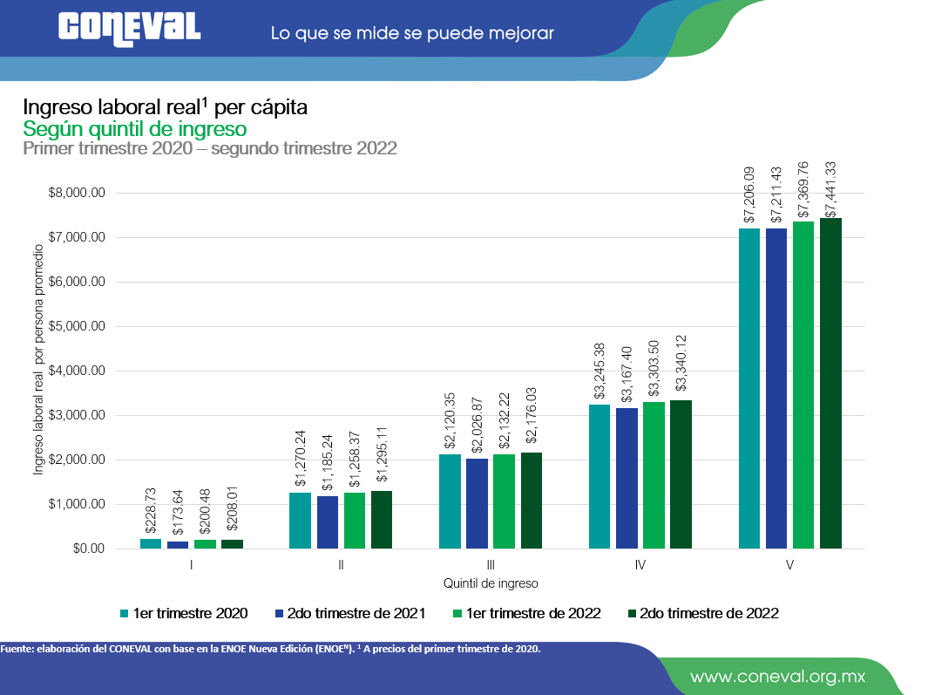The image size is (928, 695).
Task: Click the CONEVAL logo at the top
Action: pyautogui.click(x=130, y=26)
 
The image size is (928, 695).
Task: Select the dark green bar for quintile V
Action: pyautogui.click(x=830, y=383)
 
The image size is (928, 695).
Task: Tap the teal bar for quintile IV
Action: pyautogui.click(x=599, y=476)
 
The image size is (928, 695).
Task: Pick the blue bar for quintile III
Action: pyautogui.click(x=477, y=503)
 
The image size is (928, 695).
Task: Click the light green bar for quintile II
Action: pyautogui.click(x=355, y=521)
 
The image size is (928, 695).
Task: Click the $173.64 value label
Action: pyautogui.click(x=178, y=511)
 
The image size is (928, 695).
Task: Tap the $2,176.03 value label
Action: pyautogui.click(x=532, y=421)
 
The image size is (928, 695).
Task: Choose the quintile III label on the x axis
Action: pyautogui.click(x=491, y=565)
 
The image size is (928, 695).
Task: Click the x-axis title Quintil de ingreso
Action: pyautogui.click(x=491, y=583)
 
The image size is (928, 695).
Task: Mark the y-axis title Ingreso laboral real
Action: pyautogui.click(x=38, y=371)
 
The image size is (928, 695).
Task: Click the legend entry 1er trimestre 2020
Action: pyautogui.click(x=184, y=613)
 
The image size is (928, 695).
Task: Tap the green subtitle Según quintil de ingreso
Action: pyautogui.click(x=135, y=129)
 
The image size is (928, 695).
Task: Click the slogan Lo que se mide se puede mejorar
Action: pyautogui.click(x=412, y=34)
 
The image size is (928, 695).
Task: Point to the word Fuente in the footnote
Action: pyautogui.click(x=17, y=649)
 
